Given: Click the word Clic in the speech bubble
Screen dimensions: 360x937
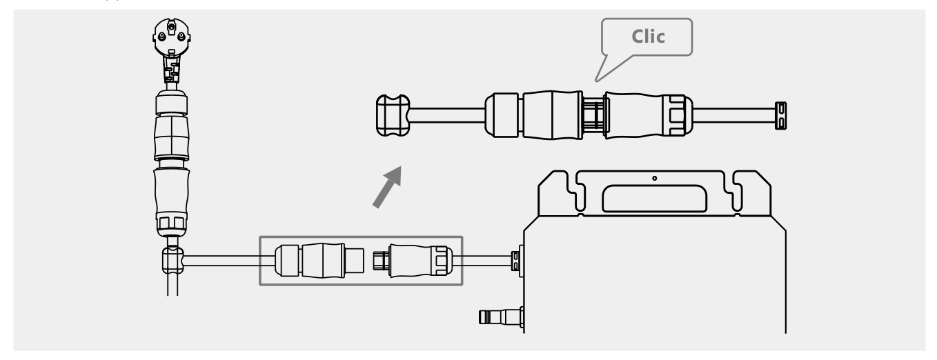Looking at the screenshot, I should point(648,37).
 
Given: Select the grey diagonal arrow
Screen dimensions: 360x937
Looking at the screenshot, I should point(386,186).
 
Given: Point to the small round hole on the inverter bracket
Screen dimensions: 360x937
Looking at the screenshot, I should point(654,179).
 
